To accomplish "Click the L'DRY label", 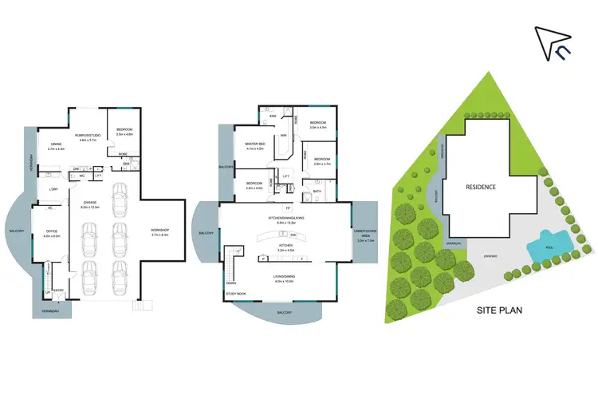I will coord(53,188).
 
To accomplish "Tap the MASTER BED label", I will coord(256,144).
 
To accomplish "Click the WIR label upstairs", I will coord(282,136).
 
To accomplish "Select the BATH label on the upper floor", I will coord(317,191).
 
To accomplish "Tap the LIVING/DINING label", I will coord(285,277).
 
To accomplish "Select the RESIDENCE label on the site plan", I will coord(481,187).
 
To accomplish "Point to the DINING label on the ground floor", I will coord(56,145).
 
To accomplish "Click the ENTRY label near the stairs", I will coord(57,291).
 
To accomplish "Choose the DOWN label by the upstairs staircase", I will coord(231,282).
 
